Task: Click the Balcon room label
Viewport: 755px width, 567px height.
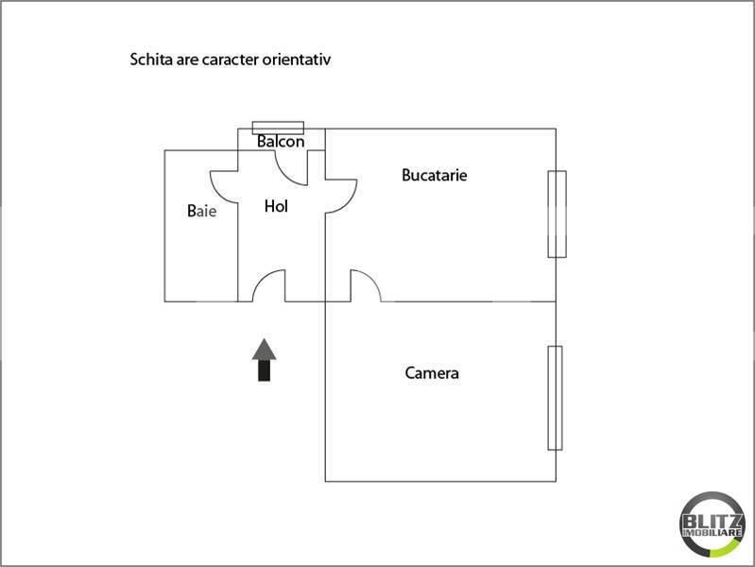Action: click(281, 141)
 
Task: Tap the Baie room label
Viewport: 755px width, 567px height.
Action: click(202, 211)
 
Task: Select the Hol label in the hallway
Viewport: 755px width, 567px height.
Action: click(276, 206)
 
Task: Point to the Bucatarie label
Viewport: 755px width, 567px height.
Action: click(435, 175)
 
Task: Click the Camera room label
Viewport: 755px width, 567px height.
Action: click(432, 373)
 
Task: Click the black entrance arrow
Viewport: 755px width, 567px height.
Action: click(264, 360)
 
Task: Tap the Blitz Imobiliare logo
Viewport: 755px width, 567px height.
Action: click(712, 524)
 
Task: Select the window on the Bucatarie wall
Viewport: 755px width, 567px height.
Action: click(558, 214)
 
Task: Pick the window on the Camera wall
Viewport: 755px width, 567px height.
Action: click(556, 398)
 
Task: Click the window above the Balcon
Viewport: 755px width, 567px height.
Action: click(279, 128)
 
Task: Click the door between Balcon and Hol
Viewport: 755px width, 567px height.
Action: click(290, 167)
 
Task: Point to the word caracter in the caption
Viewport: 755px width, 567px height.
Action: click(231, 60)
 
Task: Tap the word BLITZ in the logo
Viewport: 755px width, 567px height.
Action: click(712, 522)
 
